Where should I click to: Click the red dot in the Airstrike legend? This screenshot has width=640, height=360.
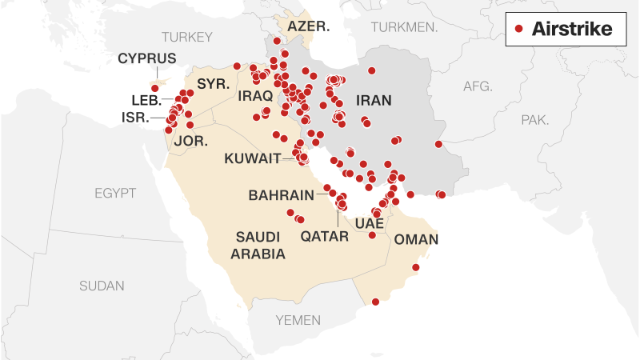518,30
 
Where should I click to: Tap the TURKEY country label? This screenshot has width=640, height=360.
187,37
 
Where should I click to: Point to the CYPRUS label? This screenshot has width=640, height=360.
147,58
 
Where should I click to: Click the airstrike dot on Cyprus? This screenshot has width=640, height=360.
155,88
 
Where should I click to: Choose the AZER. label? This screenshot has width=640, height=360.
309,26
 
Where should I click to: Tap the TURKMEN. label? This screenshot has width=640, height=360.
404,26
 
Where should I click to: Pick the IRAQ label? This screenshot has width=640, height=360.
256,96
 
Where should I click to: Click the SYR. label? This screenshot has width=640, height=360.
214,83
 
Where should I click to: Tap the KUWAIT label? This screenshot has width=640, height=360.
253,158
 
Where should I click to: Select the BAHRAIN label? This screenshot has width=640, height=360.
280,194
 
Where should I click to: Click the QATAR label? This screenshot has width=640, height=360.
325,236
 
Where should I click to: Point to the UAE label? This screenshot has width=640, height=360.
369,222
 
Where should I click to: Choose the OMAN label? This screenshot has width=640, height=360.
417,239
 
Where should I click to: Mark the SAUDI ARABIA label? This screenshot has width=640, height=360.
258,245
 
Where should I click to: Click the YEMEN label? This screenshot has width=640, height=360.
298,320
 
